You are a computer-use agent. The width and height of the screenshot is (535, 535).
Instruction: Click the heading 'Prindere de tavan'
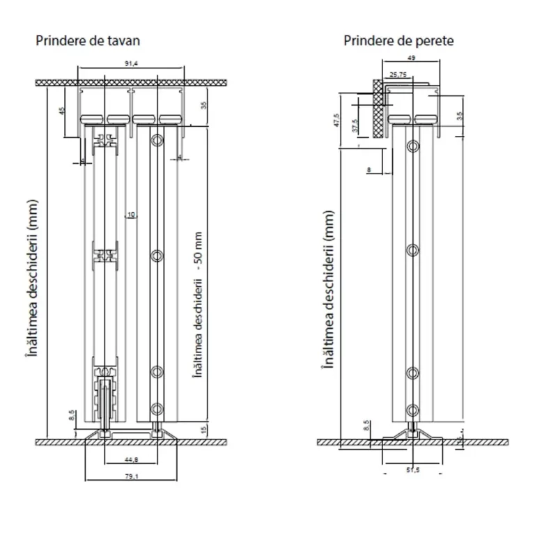(92, 40)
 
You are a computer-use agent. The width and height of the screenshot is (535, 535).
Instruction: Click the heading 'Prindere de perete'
(398, 40)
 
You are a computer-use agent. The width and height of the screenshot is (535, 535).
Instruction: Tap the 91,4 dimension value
(131, 63)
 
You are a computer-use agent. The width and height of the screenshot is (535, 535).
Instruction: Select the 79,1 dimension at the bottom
(131, 476)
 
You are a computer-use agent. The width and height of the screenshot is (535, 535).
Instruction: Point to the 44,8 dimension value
(130, 458)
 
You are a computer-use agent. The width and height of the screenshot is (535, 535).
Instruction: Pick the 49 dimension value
(412, 59)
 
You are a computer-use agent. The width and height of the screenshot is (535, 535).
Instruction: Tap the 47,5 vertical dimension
(336, 120)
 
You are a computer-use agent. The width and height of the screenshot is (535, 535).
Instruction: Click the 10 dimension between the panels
(130, 215)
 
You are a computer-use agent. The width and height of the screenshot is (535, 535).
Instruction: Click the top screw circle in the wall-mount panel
(414, 146)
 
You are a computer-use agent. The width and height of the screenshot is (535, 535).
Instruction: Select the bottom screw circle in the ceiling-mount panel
(157, 408)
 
